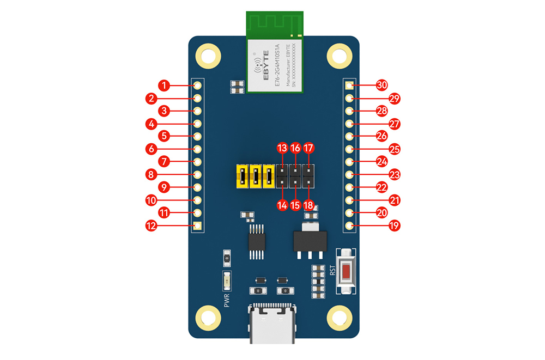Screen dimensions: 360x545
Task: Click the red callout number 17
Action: [309, 148]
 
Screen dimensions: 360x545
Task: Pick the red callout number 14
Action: [282, 205]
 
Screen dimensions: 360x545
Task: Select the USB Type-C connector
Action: [272, 325]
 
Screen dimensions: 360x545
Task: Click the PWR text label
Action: [227, 300]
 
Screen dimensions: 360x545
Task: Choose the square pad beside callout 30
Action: [349, 86]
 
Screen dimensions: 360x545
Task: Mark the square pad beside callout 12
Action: [197, 225]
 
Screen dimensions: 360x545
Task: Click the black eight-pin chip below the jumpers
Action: [255, 241]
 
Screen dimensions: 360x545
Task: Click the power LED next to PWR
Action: [227, 281]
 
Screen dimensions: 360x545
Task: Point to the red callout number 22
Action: [382, 187]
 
